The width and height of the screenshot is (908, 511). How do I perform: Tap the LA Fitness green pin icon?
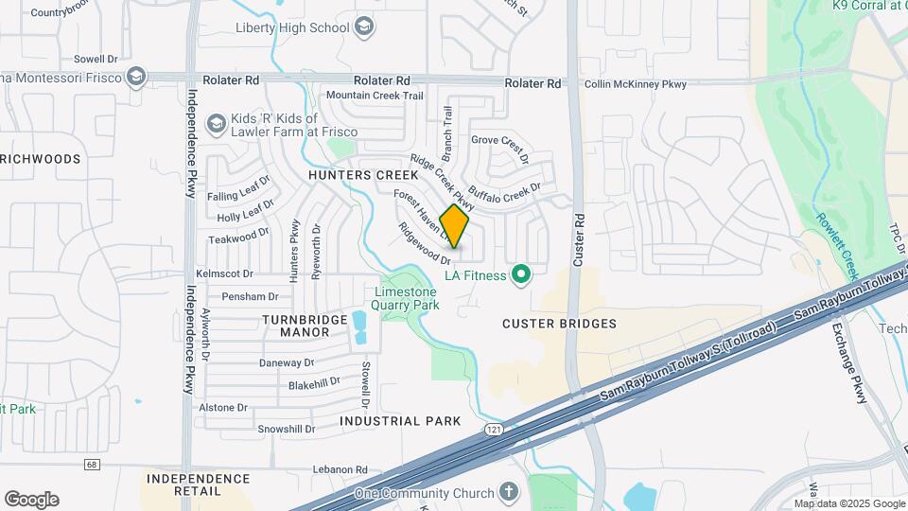pos(519,275)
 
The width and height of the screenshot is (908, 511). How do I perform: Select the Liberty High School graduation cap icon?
pos(364,27)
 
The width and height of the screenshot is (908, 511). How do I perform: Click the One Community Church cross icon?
pos(509,493)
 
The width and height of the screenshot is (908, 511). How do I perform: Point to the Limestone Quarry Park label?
pos(407,298)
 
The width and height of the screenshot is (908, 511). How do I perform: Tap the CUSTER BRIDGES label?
pos(559,324)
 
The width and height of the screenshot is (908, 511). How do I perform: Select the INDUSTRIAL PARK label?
pos(400,421)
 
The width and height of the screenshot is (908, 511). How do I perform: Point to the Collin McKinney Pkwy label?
pos(635,84)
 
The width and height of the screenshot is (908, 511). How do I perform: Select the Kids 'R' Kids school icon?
pos(217,124)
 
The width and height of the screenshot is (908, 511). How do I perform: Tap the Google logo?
pos(31,499)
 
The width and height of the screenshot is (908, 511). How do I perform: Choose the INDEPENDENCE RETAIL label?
pos(198,485)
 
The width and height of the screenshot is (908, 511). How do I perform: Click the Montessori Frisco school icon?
pos(136,76)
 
